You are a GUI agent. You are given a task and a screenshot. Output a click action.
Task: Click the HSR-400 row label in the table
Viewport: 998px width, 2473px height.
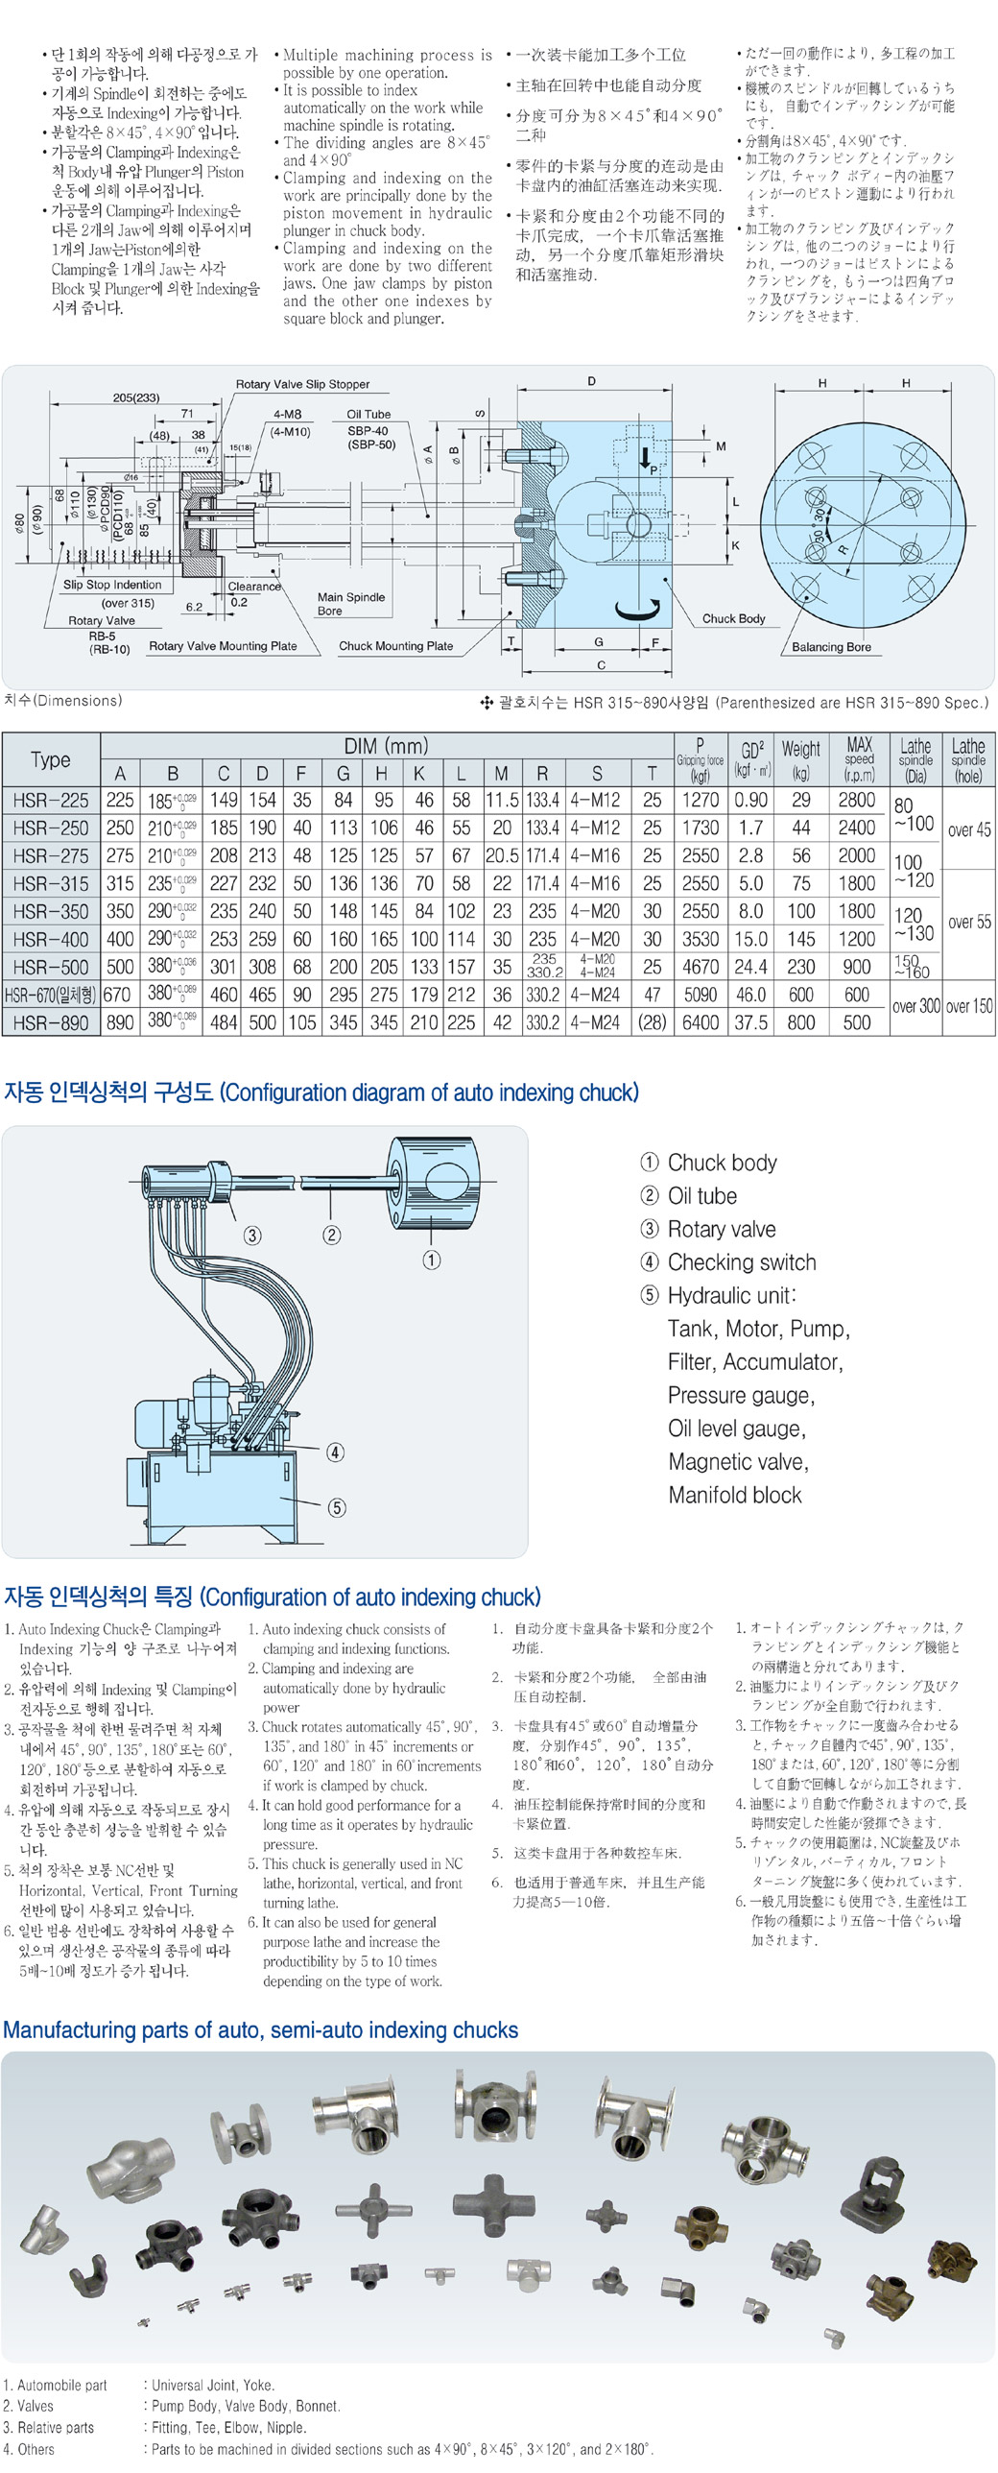click(x=50, y=939)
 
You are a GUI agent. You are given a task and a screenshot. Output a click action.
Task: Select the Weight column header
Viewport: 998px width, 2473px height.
click(x=800, y=758)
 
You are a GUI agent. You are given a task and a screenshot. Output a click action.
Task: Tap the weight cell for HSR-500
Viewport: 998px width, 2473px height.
click(x=800, y=967)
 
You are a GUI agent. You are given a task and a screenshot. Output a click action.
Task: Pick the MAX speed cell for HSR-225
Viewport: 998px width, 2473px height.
click(x=857, y=800)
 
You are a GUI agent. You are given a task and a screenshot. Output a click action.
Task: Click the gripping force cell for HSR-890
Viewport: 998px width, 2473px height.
click(x=700, y=1022)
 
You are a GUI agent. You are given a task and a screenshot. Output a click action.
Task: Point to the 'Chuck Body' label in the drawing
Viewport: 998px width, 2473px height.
click(x=733, y=619)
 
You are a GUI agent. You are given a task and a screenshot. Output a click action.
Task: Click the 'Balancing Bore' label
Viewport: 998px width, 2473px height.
click(x=831, y=647)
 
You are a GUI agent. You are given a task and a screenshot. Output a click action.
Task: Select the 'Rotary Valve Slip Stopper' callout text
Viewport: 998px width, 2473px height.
click(x=302, y=384)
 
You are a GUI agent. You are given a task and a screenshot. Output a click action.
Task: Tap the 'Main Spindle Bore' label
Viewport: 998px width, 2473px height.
click(x=350, y=604)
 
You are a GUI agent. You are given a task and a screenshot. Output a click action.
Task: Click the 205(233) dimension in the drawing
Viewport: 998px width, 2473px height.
click(x=136, y=397)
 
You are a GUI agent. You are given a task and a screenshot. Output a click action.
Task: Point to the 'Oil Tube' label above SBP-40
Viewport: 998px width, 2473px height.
click(x=368, y=415)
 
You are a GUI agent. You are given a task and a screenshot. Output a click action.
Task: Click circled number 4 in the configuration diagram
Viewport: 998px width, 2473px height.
click(x=335, y=1452)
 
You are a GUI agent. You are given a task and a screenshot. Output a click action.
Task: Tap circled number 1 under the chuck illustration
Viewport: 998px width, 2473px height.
click(x=432, y=1260)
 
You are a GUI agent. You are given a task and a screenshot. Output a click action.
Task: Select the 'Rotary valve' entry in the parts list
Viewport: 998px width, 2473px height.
click(x=721, y=1229)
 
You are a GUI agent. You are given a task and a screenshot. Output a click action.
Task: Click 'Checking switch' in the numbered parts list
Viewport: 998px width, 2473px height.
click(x=741, y=1262)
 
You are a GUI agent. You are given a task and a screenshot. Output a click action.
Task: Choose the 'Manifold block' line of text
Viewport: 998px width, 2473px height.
click(x=734, y=1495)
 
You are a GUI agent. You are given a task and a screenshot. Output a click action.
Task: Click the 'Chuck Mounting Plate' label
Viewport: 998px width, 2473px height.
click(x=395, y=646)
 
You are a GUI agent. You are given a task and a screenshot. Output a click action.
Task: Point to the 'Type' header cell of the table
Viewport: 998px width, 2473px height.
click(x=51, y=759)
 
